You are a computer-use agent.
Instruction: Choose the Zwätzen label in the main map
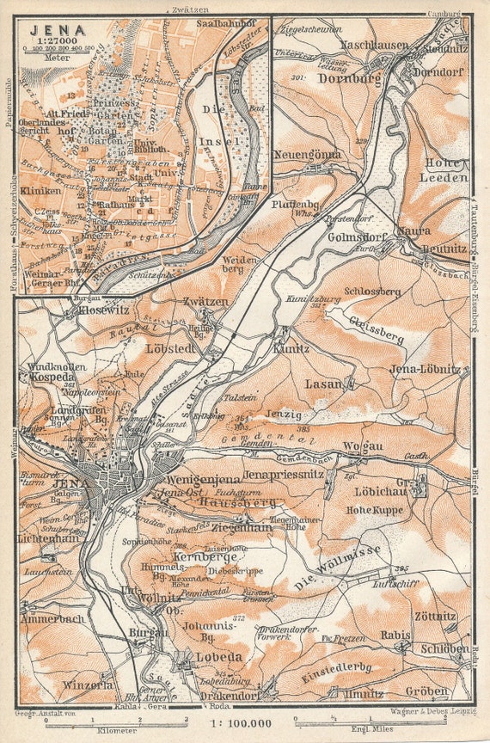coord(205,301)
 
